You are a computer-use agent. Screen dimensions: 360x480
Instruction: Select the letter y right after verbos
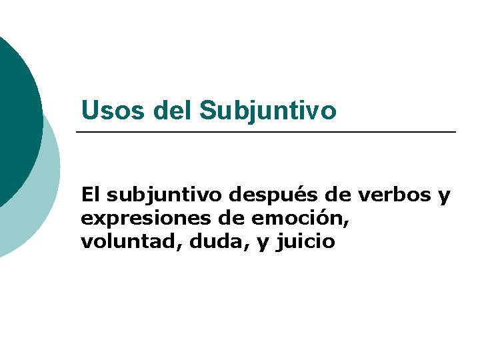[444, 197]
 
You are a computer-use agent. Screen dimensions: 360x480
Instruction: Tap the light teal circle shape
[40, 207]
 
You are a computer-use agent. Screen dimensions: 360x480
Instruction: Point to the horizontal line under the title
[267, 133]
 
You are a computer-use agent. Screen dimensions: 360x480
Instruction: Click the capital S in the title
[207, 111]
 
